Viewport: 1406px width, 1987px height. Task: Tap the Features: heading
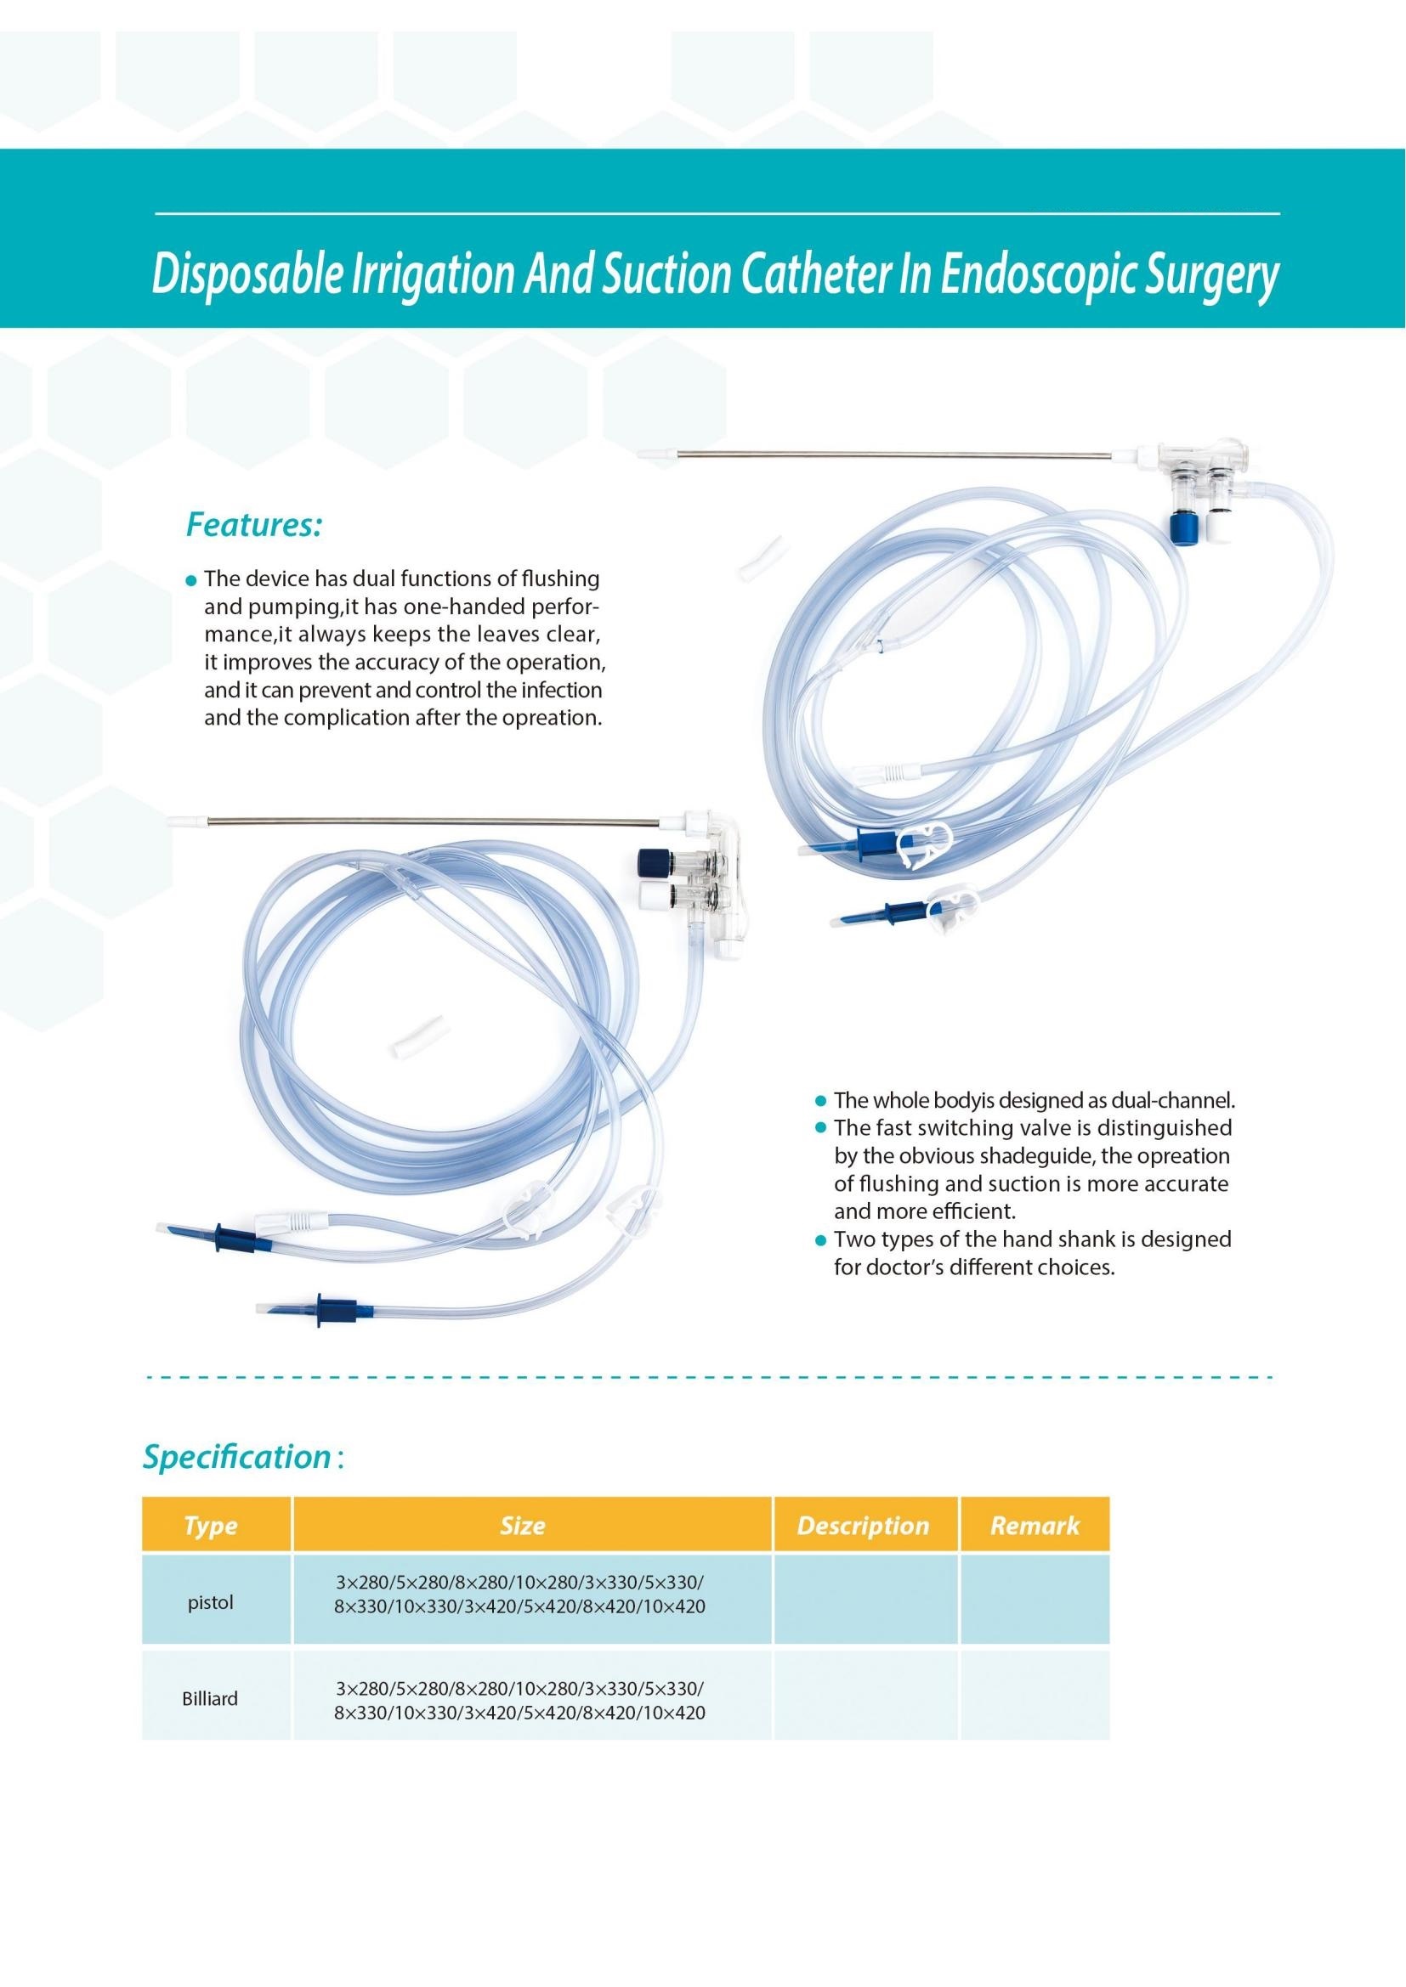pos(254,525)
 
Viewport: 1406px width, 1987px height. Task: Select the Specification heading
pos(236,1457)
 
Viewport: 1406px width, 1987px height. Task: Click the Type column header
pos(210,1525)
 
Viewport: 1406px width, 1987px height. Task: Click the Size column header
pos(522,1525)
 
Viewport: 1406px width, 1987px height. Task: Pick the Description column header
pos(862,1525)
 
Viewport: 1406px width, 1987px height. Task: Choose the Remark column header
pos(1035,1525)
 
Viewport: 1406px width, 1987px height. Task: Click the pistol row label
pos(210,1602)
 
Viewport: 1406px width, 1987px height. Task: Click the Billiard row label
pos(210,1699)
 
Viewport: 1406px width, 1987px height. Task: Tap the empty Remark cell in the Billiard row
pos(1035,1698)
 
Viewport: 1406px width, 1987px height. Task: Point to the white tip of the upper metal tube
pos(655,453)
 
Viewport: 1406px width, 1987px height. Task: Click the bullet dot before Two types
pos(822,1240)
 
